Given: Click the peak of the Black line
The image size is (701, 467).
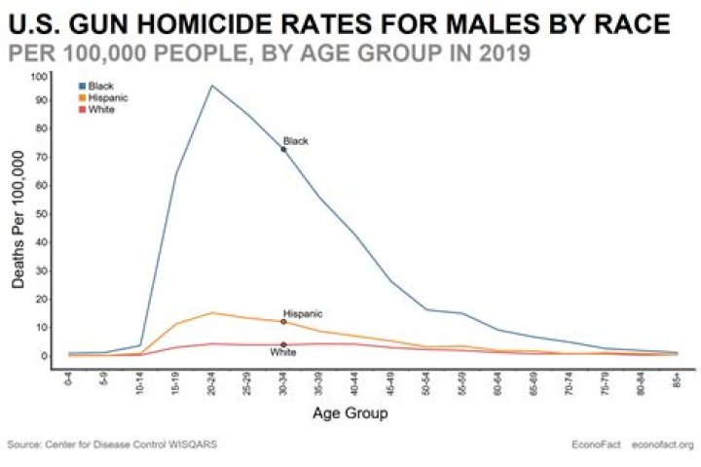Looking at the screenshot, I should (212, 86).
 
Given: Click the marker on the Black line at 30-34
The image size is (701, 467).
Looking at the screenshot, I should (283, 150).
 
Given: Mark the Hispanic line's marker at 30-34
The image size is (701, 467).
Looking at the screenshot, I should (283, 322).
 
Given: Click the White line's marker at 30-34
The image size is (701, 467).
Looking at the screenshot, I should (283, 344).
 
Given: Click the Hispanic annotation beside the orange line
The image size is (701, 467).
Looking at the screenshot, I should (301, 313).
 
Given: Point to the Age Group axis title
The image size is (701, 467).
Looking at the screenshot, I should (350, 413).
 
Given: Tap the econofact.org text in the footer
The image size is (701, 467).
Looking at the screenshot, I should (663, 446).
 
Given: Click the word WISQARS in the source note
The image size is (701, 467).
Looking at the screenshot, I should (192, 446).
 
